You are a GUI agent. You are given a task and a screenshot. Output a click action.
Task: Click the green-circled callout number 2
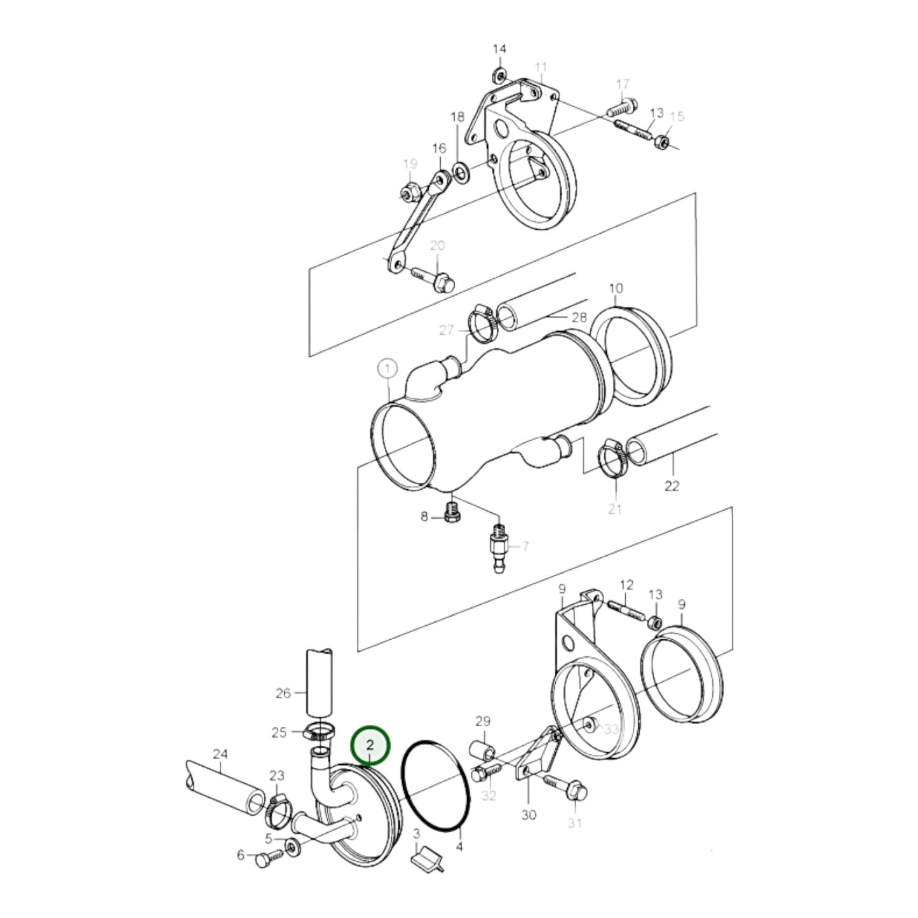(370, 758)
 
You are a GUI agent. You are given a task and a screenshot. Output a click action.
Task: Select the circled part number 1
(388, 368)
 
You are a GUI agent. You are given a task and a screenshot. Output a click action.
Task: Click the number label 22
(672, 487)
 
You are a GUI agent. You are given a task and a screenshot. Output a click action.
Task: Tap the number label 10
(616, 288)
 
